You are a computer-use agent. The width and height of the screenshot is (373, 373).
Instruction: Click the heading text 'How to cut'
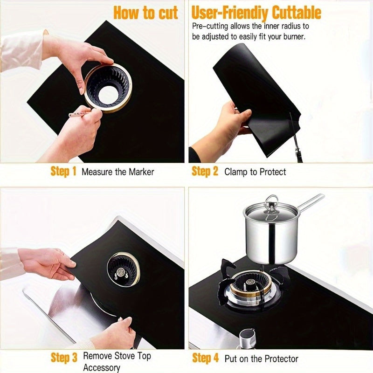point(145,13)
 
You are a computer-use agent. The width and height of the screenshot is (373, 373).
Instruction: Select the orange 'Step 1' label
point(63,172)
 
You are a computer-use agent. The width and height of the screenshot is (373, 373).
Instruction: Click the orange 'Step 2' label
point(205,172)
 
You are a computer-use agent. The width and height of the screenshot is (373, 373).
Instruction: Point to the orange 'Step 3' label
point(64,358)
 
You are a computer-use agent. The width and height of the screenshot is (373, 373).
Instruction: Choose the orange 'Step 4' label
point(205,358)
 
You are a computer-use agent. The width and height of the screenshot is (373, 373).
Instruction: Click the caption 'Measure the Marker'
point(117,172)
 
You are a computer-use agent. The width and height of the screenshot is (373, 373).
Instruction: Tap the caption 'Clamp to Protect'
point(255,172)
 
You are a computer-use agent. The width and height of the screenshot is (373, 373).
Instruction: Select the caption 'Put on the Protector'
point(262,359)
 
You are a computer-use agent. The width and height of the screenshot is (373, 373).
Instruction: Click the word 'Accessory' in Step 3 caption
point(102,368)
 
